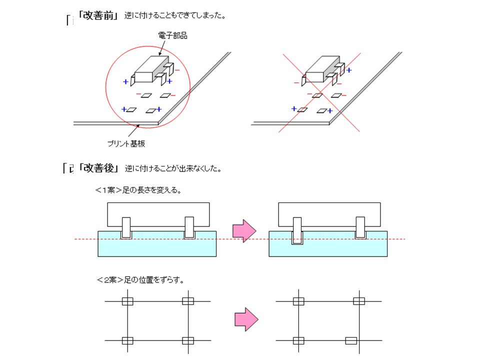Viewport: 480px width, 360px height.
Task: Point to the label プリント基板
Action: click(x=126, y=143)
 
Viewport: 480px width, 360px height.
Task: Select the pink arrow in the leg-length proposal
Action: click(x=244, y=231)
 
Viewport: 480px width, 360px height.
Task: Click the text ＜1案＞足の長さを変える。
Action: click(x=138, y=190)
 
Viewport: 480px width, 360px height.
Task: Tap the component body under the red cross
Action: click(x=319, y=70)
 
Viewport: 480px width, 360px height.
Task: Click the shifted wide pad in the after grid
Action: click(x=351, y=341)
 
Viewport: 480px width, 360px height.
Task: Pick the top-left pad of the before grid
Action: click(x=127, y=301)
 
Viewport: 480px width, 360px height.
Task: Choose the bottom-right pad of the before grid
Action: click(x=187, y=341)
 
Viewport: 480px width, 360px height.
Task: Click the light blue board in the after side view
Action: click(x=328, y=248)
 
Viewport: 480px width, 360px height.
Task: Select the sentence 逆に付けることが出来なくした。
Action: click(x=172, y=168)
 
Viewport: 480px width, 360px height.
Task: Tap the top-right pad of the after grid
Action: click(x=358, y=301)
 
